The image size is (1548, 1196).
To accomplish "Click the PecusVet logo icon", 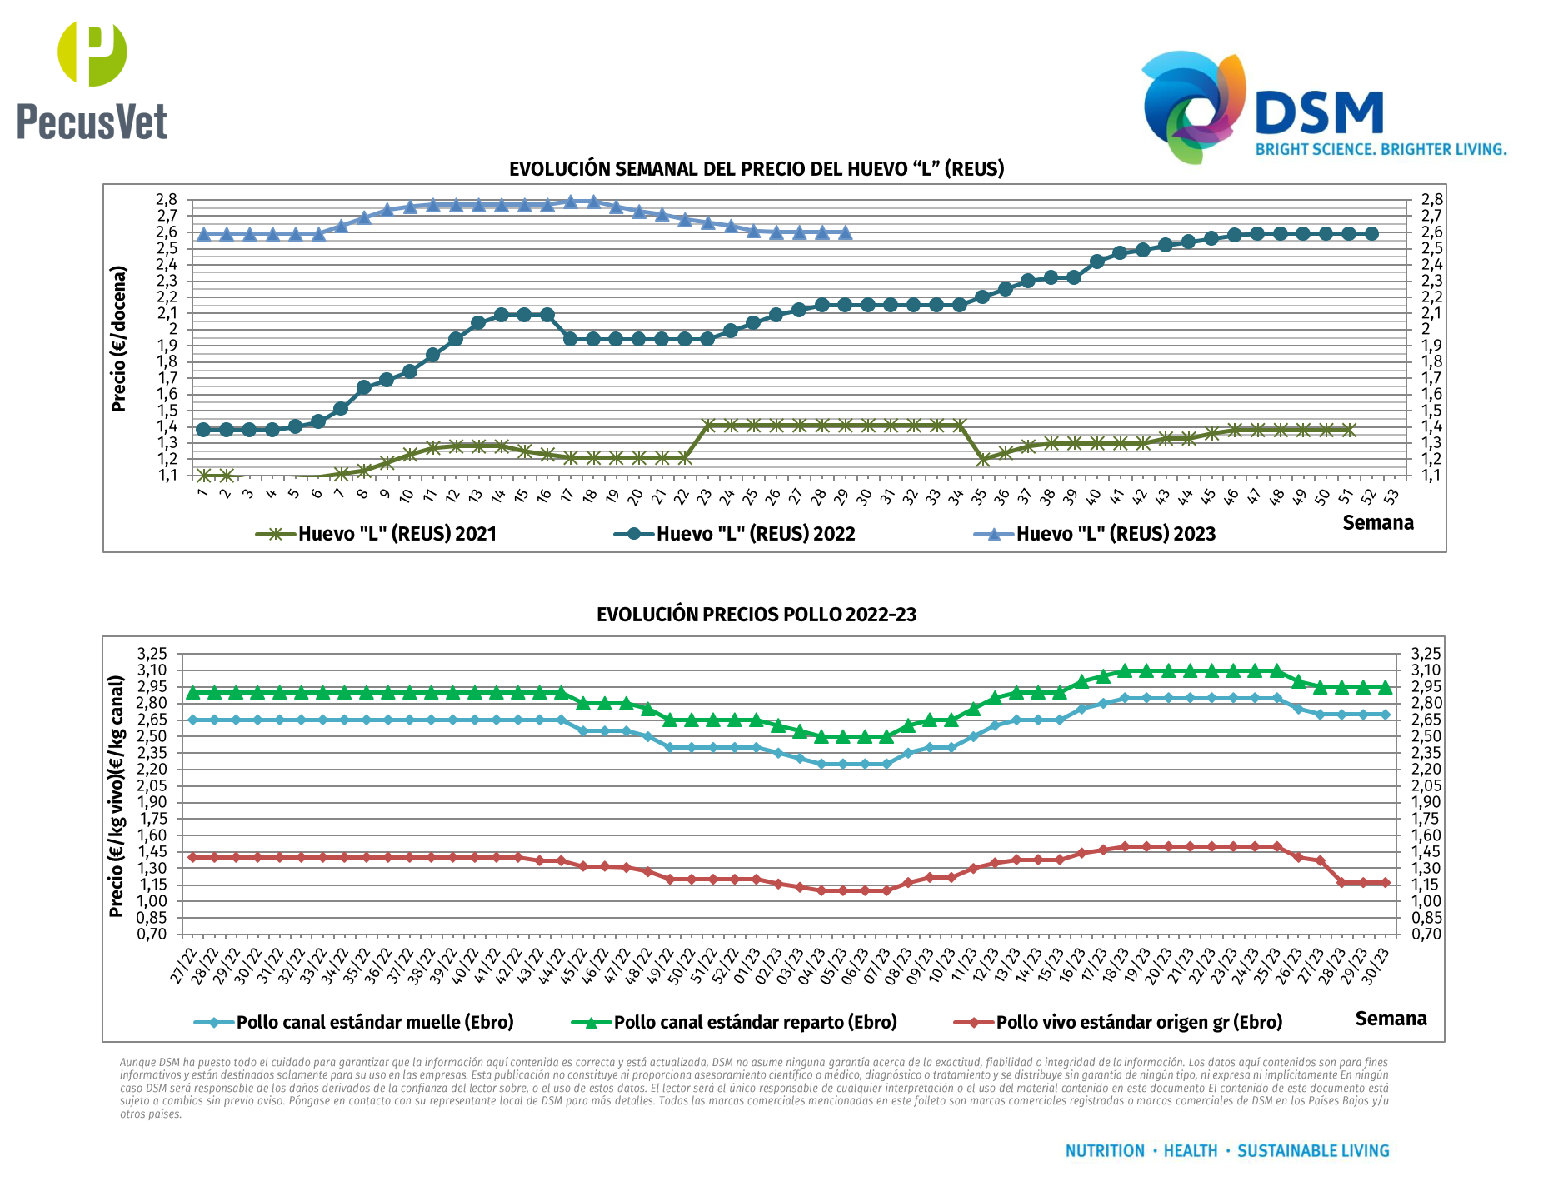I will pos(92,54).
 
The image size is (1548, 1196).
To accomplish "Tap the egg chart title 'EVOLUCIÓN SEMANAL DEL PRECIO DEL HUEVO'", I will pos(756,169).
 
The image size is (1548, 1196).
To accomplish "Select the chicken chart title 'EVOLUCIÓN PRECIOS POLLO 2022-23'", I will pos(756,615).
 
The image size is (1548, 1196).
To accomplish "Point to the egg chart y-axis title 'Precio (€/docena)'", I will pos(119,338).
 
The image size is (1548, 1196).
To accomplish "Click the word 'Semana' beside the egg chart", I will pos(1378,523).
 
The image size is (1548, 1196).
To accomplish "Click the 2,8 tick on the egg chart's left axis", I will pos(167,200).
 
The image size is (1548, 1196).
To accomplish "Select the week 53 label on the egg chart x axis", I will pos(1391,496).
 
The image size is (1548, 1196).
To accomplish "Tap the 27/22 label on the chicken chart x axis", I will pos(184,966).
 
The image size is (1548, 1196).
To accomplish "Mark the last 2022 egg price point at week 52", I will pos(1371,234).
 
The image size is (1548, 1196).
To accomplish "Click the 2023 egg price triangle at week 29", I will pos(846,232).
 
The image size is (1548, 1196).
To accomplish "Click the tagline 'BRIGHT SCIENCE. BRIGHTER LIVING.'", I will pos(1381,150).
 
